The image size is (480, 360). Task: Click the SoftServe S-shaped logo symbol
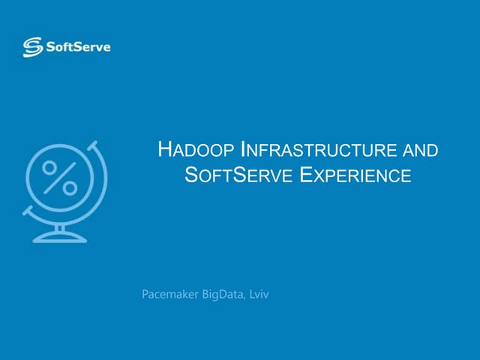(x=33, y=47)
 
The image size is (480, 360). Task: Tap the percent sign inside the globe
(x=59, y=178)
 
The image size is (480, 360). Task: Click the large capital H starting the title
(x=165, y=148)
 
